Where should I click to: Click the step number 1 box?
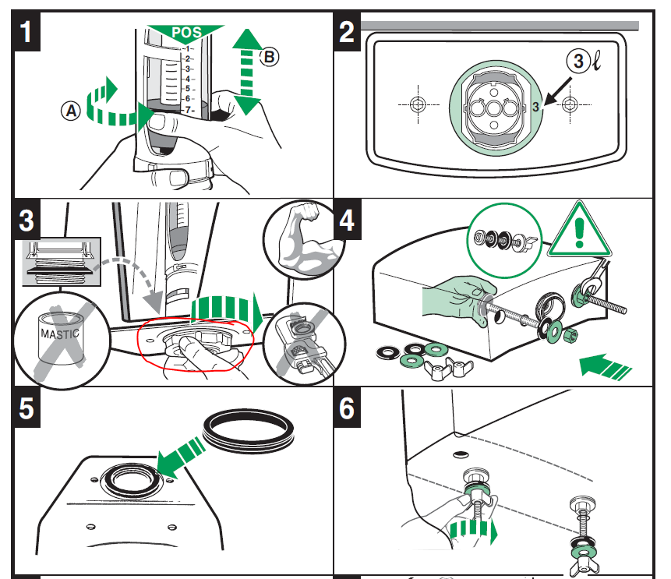(27, 33)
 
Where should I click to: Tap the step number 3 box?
(27, 220)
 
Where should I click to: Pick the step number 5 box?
(27, 408)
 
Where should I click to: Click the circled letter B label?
(268, 56)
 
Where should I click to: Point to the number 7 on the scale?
(187, 110)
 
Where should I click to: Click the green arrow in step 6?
(475, 533)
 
